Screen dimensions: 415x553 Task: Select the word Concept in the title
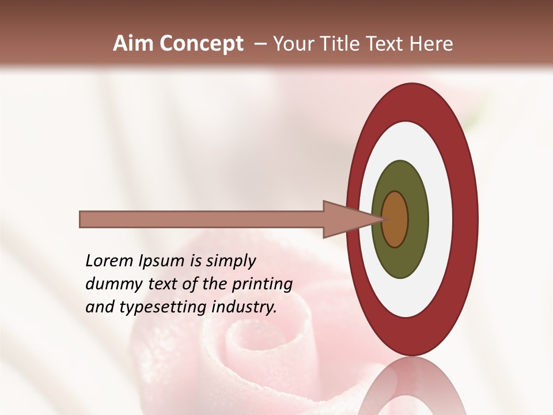coord(201,44)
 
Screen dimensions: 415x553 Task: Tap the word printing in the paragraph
coord(262,284)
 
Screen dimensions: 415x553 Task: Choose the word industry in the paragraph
coord(244,307)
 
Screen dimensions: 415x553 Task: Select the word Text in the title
coord(388,44)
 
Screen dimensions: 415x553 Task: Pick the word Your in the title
coord(291,44)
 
